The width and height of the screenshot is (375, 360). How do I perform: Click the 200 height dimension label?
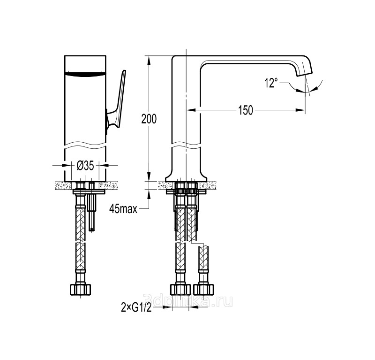click(149, 119)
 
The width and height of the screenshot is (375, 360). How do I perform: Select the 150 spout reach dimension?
click(245, 110)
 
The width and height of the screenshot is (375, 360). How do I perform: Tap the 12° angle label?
click(271, 83)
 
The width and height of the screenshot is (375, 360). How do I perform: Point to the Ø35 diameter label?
click(85, 165)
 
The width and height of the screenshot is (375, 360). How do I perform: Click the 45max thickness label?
click(123, 209)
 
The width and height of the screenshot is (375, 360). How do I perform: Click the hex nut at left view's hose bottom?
click(80, 289)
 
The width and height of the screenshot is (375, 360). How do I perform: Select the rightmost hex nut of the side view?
click(203, 289)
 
